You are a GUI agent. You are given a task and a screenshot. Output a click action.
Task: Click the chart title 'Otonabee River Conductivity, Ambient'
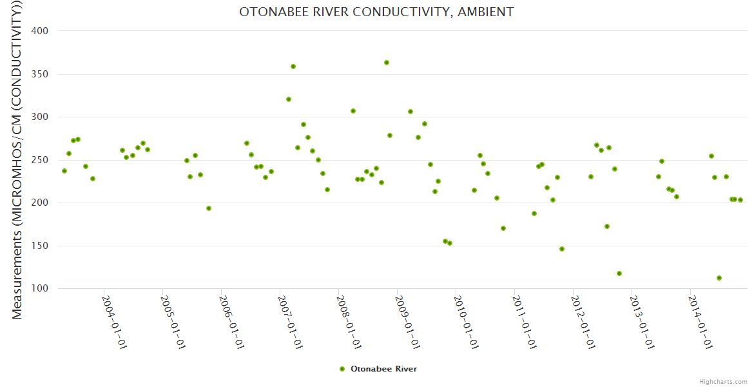pos(376,12)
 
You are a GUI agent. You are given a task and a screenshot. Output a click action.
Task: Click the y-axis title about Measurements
pos(17,161)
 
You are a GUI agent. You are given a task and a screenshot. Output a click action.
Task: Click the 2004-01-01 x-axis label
pos(114,322)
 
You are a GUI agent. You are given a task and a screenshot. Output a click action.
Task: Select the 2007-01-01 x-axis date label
pos(290,322)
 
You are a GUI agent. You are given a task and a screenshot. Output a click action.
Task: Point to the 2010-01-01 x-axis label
pos(466,322)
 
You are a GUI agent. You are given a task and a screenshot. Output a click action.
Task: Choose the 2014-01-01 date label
pos(701,322)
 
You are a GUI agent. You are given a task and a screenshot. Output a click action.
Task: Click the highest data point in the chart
pos(387,63)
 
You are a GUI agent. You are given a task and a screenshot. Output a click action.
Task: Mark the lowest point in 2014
pos(719,278)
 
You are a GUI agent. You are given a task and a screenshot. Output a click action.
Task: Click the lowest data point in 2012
pos(619,273)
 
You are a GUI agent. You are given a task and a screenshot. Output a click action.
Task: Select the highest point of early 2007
pos(293,66)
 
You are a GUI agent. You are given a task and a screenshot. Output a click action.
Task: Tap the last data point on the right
pos(740,200)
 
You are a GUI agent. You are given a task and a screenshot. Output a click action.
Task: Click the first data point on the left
pos(64,171)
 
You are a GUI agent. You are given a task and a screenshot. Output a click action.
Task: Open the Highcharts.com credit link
pos(723,382)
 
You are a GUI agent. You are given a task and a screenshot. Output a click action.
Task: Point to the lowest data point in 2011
pos(562,249)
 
